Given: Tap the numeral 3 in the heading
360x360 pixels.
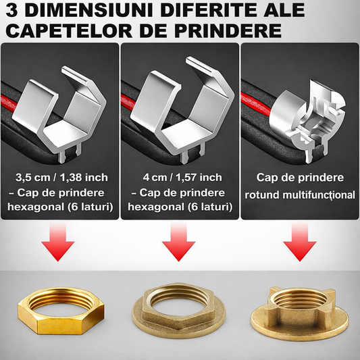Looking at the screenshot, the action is (x=11, y=10).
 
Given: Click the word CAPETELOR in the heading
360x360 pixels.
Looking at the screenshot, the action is (x=70, y=30).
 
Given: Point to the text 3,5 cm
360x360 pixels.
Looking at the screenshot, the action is (x=33, y=178).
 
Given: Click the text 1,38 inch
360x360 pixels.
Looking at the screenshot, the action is (x=84, y=178).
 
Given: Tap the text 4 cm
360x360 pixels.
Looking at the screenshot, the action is (x=155, y=178).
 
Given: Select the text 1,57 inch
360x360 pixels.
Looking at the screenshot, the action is (x=199, y=178).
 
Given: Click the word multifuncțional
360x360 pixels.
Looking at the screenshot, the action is (x=319, y=195).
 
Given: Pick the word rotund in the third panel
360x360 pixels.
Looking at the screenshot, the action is (x=262, y=195).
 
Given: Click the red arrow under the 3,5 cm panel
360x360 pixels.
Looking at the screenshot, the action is (x=58, y=242).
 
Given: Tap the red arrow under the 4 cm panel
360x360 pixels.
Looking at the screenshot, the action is (x=178, y=242).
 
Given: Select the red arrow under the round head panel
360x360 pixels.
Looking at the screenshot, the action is (x=300, y=242).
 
